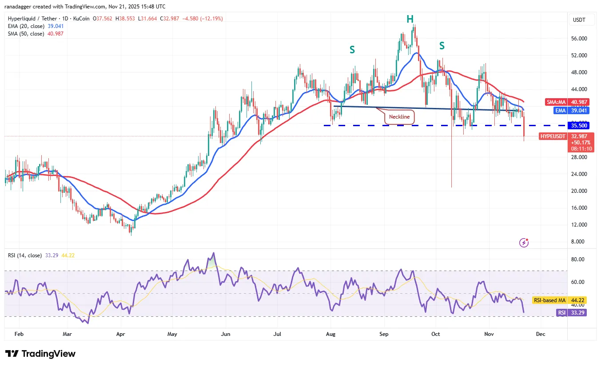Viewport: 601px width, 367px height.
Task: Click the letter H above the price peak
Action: [410, 19]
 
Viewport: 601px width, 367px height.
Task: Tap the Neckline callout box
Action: [400, 117]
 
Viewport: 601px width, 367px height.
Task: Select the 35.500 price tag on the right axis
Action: [580, 125]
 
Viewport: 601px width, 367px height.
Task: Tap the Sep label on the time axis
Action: [384, 333]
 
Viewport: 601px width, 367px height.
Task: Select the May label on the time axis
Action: [172, 333]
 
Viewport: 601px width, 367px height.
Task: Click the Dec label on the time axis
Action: [540, 333]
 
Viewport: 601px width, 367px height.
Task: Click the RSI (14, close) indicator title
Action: [25, 255]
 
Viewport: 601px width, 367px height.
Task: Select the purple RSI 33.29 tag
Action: [562, 313]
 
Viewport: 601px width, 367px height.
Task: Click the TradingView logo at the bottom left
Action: [40, 354]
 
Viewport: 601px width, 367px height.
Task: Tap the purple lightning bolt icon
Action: [525, 243]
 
